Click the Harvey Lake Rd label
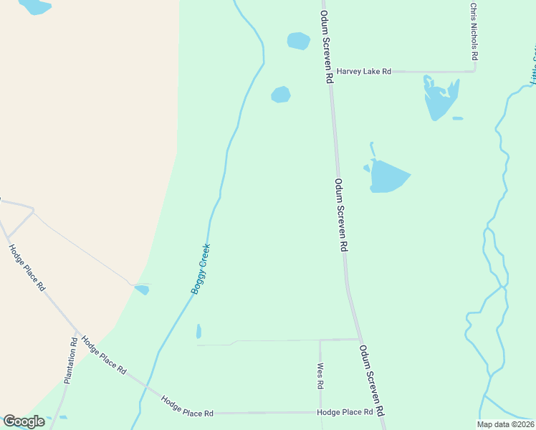[364, 72]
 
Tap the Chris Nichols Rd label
[473, 32]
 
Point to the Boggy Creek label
[201, 269]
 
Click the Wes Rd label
[320, 376]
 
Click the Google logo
[24, 421]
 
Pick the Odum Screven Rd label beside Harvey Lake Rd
[327, 47]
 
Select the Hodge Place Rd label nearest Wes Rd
[345, 413]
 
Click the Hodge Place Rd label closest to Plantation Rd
[104, 355]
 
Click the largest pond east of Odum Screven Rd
[389, 176]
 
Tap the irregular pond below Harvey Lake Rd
[439, 99]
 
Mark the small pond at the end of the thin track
[142, 290]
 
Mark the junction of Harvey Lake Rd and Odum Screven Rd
[330, 72]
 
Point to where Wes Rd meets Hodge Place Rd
[320, 413]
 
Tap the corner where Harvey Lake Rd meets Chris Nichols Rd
[474, 71]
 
